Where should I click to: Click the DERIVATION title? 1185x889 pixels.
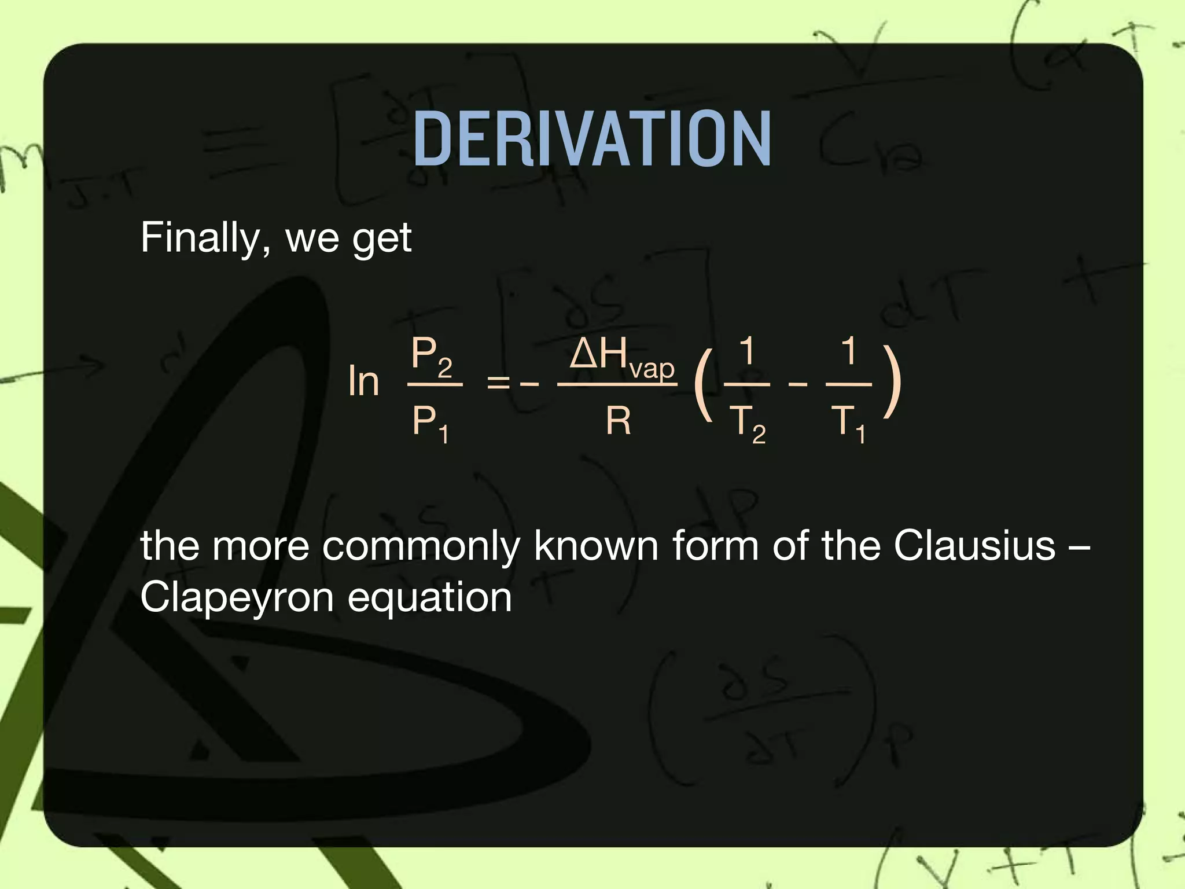coord(592,139)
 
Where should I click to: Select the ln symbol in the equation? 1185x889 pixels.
coord(363,381)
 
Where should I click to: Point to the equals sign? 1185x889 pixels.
coord(498,383)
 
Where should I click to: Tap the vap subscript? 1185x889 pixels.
coord(652,369)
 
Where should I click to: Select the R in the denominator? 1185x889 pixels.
coord(618,421)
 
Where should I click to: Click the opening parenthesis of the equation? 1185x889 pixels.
coord(702,383)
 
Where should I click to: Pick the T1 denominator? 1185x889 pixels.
coord(849,424)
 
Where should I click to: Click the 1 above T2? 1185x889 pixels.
coord(748,351)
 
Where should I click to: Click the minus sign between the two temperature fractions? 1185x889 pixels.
coord(797,383)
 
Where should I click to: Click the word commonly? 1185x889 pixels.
coord(421,546)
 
